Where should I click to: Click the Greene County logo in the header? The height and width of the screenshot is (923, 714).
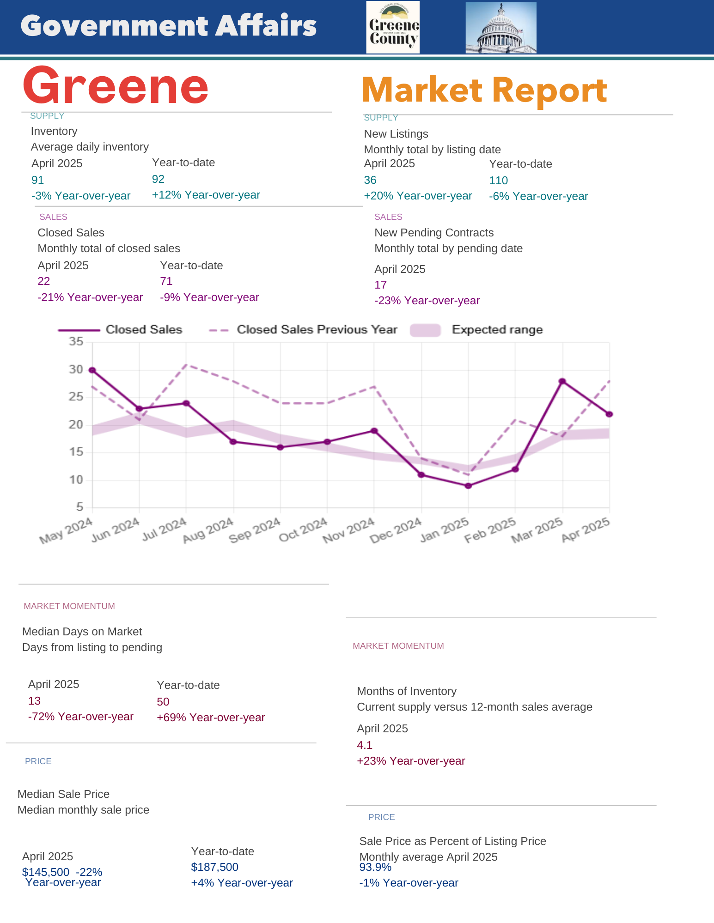(393, 27)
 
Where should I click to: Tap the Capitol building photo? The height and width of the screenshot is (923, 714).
(501, 28)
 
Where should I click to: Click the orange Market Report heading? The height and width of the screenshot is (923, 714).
(484, 90)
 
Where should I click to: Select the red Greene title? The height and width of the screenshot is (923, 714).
(116, 86)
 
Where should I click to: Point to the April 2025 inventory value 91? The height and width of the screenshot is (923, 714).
(37, 180)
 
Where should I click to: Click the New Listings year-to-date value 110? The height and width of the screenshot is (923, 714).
(498, 181)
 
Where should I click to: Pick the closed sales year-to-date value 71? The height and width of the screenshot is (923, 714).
(166, 281)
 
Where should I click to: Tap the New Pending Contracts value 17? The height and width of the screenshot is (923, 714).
(380, 285)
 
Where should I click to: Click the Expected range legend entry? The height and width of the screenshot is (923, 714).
(476, 330)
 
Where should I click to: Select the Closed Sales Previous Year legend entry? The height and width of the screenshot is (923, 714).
(303, 330)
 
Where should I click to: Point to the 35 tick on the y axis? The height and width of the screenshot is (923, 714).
(76, 342)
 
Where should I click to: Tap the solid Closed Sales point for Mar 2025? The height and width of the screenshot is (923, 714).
(562, 381)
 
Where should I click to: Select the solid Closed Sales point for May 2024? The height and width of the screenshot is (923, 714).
(92, 370)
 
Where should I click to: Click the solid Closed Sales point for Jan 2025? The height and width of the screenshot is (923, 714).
(468, 486)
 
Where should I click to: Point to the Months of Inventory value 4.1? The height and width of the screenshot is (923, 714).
(365, 745)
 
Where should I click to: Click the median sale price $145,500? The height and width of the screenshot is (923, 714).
(46, 872)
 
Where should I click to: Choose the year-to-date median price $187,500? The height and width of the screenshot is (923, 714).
(215, 867)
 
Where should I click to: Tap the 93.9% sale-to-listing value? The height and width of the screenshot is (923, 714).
(375, 867)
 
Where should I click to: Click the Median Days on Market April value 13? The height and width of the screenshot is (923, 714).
(34, 701)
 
